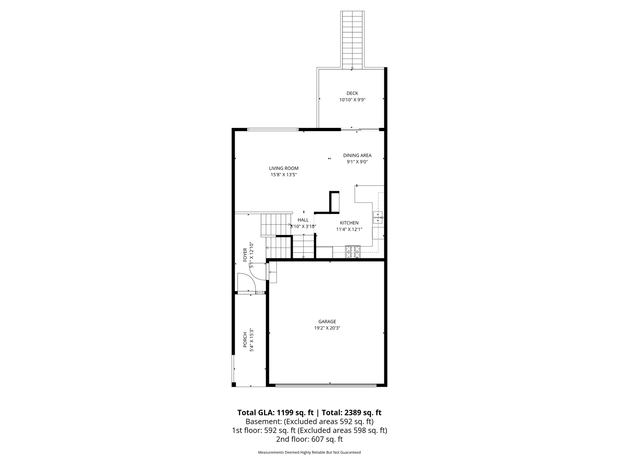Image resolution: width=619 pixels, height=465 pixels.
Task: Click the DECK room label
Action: click(352, 93)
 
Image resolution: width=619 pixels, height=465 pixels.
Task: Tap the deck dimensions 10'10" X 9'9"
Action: click(352, 100)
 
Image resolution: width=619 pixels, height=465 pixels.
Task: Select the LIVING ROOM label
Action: click(284, 168)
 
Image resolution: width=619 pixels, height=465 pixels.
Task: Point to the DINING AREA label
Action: click(357, 155)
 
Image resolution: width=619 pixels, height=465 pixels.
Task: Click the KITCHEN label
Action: click(349, 223)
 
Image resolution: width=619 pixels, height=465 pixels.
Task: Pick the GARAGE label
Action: click(327, 322)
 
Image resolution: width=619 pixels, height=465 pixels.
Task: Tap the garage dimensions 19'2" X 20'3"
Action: click(327, 328)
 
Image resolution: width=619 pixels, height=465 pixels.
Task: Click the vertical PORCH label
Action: click(245, 339)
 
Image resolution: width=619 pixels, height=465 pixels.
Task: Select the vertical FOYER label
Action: click(245, 255)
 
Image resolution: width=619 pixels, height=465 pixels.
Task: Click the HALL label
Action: click(303, 220)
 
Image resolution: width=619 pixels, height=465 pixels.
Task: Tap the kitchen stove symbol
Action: click(353, 252)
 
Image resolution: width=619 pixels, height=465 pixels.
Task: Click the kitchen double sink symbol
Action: click(378, 217)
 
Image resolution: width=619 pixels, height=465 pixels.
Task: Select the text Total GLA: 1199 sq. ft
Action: click(275, 413)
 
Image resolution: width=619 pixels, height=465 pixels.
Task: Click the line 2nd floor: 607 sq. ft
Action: click(309, 439)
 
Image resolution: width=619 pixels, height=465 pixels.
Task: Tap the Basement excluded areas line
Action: click(309, 422)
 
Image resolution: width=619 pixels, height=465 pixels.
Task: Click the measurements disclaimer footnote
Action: click(309, 452)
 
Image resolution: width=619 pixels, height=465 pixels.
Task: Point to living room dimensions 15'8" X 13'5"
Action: click(284, 175)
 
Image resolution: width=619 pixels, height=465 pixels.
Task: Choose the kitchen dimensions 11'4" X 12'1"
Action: click(349, 229)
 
